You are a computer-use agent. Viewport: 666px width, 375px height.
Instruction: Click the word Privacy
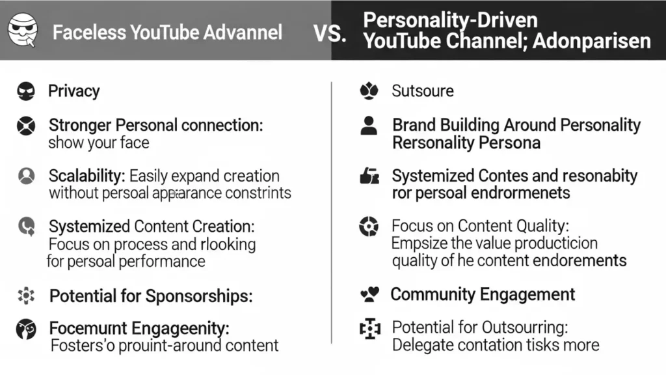[74, 90]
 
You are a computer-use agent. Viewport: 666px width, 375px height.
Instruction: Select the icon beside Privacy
[26, 90]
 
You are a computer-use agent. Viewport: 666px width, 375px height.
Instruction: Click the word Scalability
[87, 176]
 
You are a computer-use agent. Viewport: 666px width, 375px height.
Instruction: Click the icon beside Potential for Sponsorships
[26, 296]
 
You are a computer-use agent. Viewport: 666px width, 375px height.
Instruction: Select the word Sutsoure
[423, 91]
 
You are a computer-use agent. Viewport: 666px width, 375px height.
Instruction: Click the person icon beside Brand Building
[369, 125]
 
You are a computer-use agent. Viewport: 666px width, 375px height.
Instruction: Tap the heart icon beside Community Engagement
[369, 295]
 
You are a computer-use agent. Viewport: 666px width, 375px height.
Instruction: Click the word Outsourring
[524, 327]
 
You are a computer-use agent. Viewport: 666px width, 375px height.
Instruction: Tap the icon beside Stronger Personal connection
[26, 125]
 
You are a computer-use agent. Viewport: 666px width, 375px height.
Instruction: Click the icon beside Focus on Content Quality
[369, 227]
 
